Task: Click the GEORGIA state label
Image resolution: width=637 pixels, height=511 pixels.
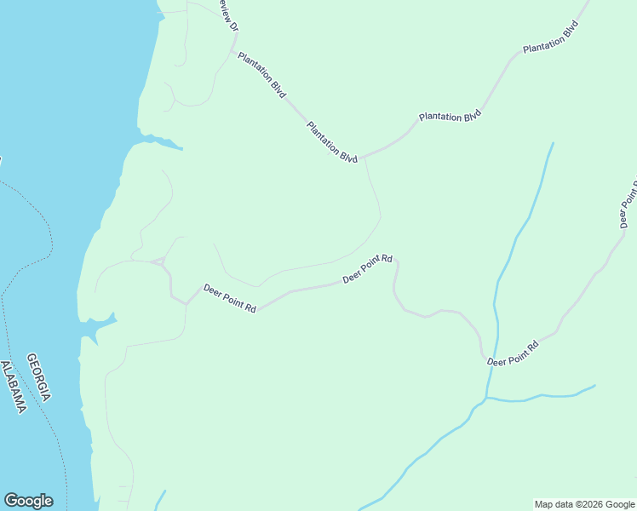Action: [38, 377]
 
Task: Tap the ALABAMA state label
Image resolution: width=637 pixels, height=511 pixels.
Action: [14, 388]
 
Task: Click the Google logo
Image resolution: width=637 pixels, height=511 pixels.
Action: [28, 501]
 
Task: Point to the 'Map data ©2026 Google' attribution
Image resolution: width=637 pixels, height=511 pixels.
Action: [584, 504]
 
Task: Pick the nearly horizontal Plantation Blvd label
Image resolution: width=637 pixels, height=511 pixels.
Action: [450, 117]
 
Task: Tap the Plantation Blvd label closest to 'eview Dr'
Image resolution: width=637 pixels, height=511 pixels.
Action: [261, 76]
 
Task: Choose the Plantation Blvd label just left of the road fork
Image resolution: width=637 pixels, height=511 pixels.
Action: [332, 142]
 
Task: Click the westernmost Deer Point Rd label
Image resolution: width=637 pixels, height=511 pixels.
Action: [230, 298]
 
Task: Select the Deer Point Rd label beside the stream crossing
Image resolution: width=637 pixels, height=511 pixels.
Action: [514, 353]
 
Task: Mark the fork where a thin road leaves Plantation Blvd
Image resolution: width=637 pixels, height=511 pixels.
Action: [364, 158]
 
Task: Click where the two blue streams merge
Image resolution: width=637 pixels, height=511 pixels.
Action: [486, 398]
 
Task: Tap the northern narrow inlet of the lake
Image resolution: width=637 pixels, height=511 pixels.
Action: [162, 140]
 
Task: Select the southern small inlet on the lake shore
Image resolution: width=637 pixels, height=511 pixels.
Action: [98, 324]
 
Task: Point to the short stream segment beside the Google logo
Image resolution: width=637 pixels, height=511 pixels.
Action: [160, 499]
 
